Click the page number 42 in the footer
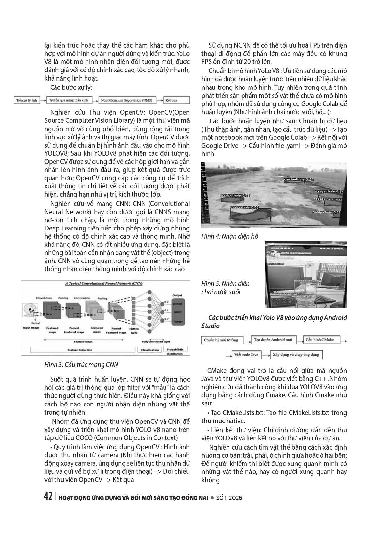click(x=48, y=497)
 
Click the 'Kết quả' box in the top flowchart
click(x=175, y=101)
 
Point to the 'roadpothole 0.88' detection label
click(x=244, y=207)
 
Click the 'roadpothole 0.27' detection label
click(x=299, y=179)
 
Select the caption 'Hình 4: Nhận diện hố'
click(x=229, y=236)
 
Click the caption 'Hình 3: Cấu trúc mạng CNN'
click(x=81, y=365)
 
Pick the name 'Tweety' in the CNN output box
click(x=178, y=322)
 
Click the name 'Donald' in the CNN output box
click(x=178, y=303)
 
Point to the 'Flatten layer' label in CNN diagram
click(x=134, y=330)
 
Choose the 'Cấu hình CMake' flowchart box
click(x=321, y=340)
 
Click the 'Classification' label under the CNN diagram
click(x=150, y=350)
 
